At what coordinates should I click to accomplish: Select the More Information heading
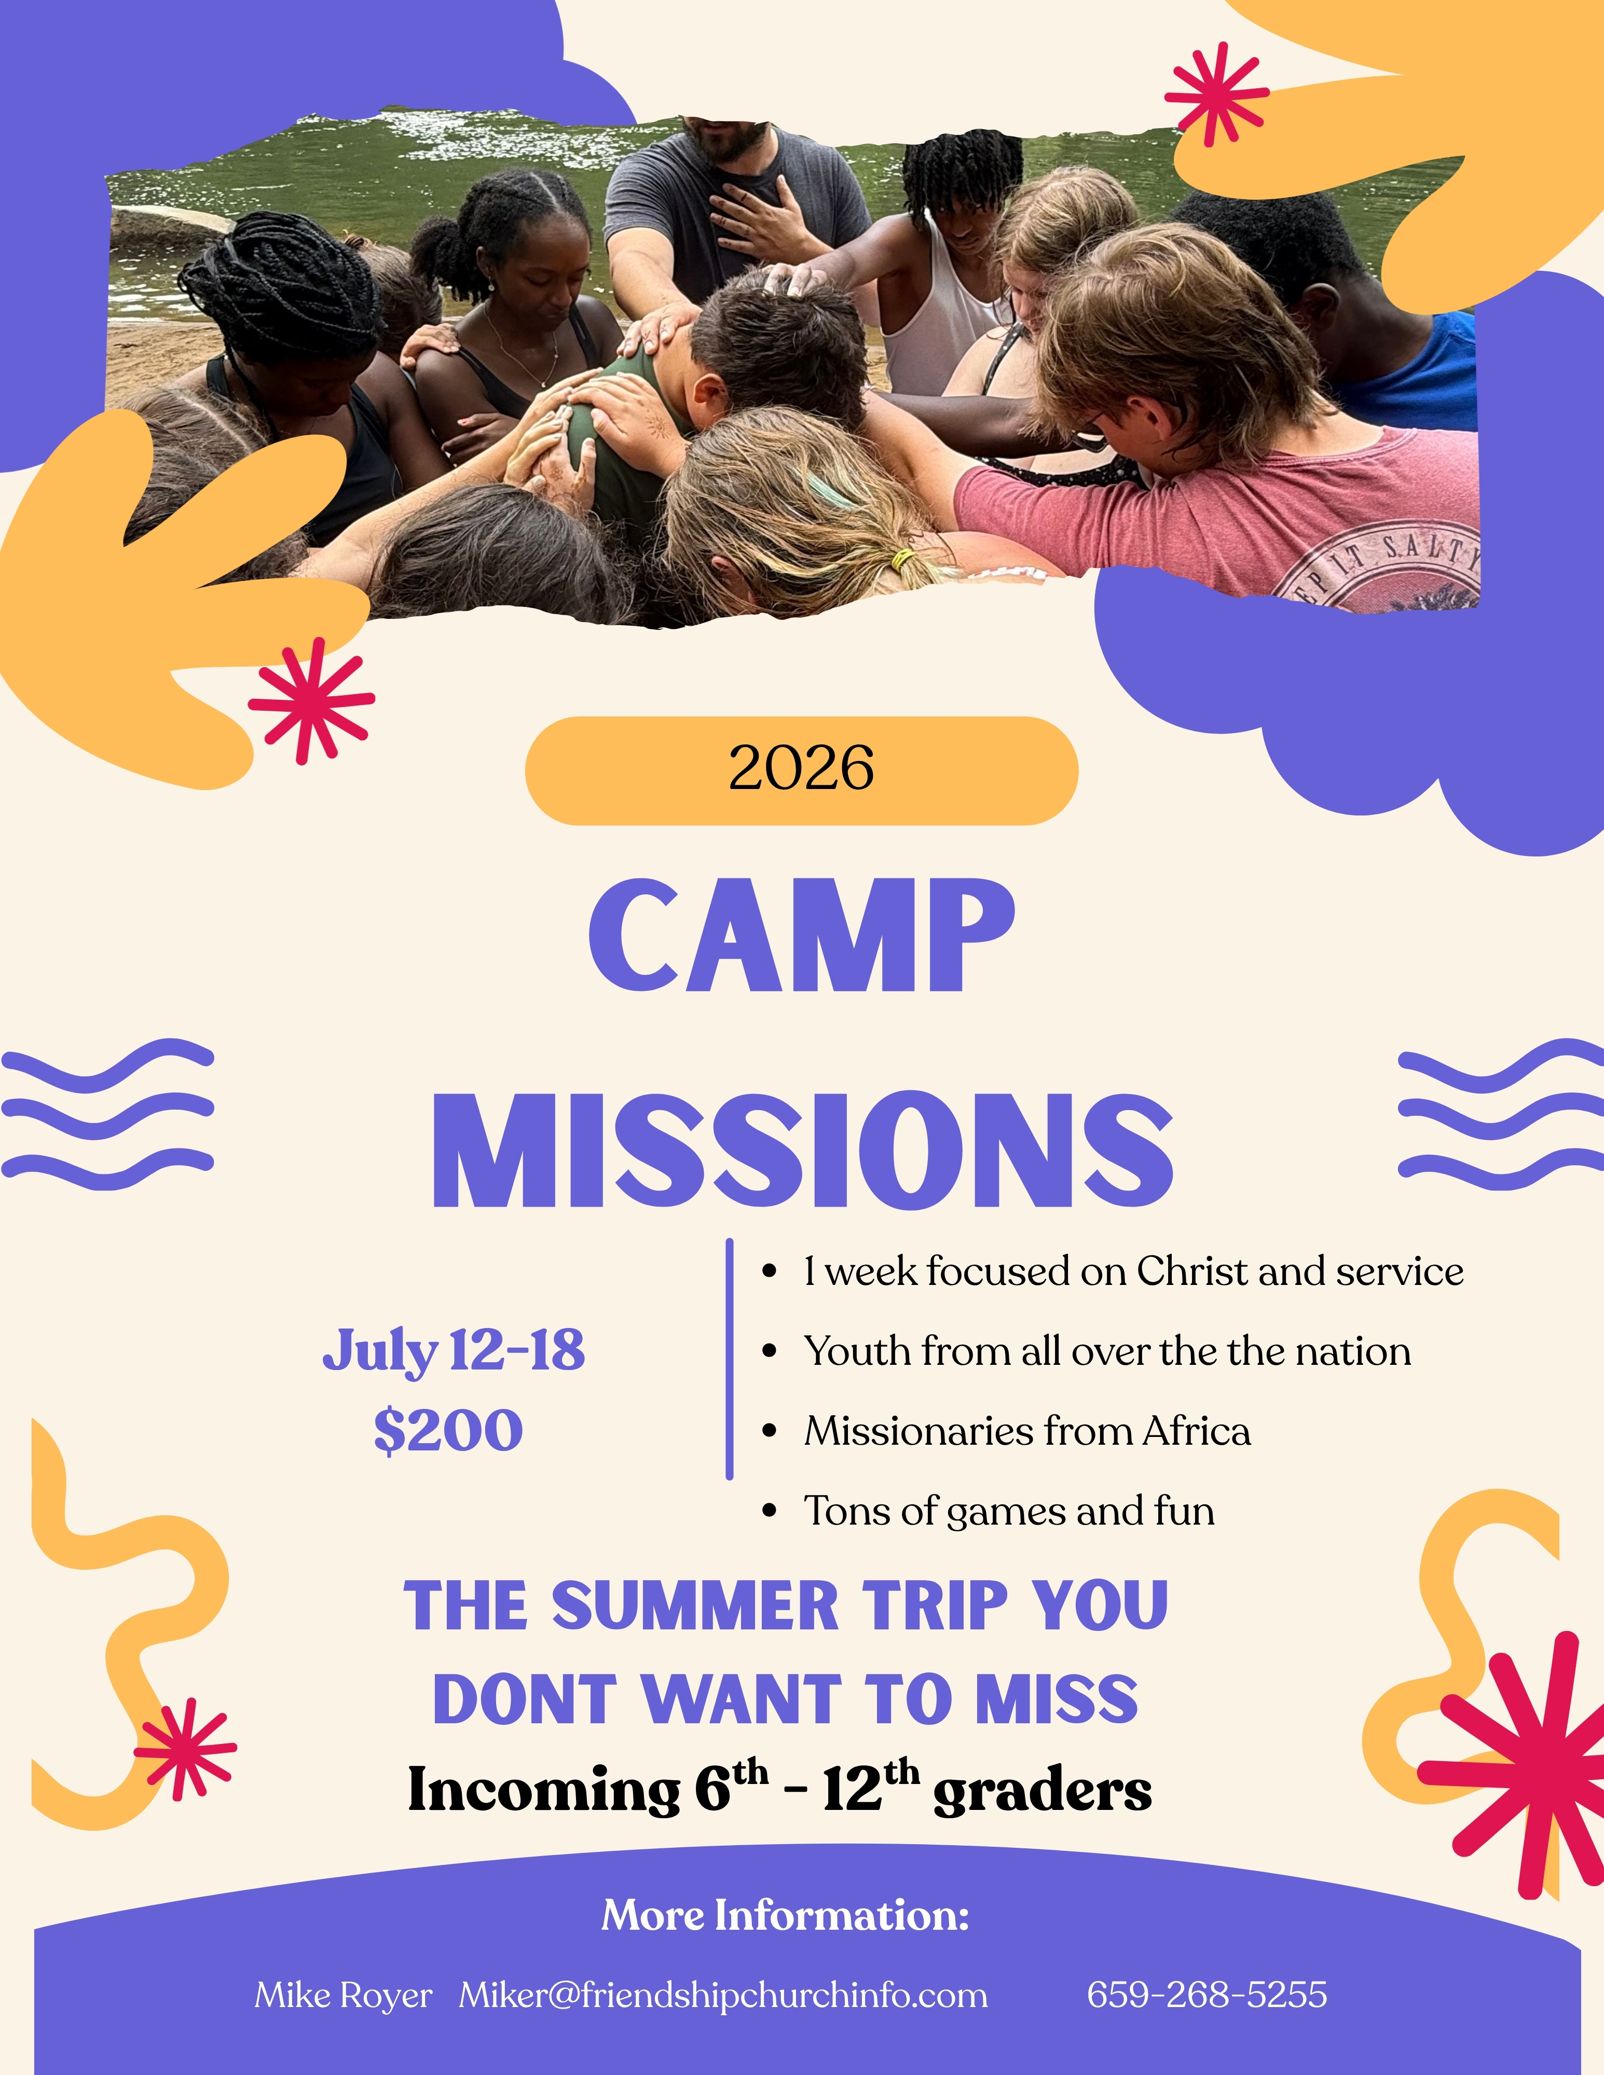coord(786,1914)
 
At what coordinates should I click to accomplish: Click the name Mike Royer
coord(343,1995)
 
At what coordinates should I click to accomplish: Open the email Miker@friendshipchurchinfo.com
coord(723,1995)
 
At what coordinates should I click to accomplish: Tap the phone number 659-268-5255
coord(1207,1994)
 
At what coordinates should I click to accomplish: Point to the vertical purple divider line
coord(730,1359)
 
